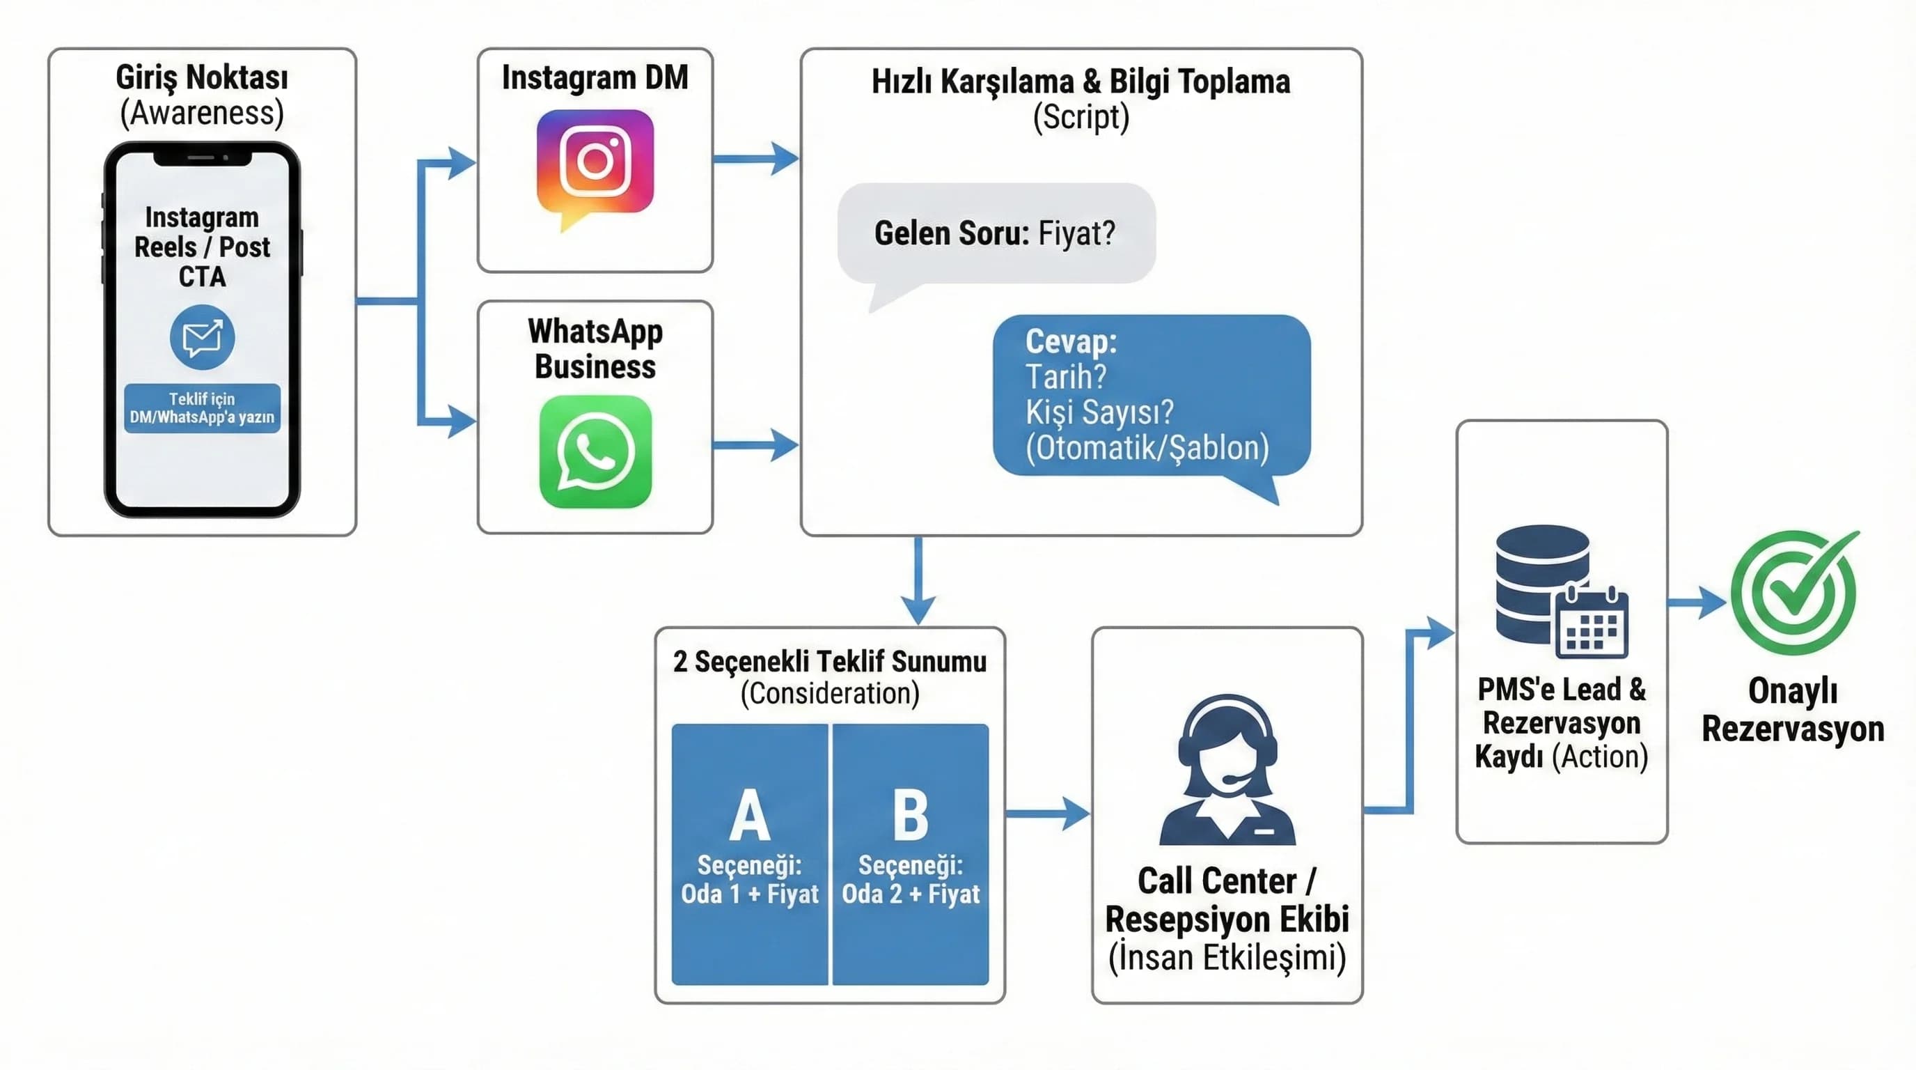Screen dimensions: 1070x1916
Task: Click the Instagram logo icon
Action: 595,162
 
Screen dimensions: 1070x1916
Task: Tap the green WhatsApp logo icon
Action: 595,451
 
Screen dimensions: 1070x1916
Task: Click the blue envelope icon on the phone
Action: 203,337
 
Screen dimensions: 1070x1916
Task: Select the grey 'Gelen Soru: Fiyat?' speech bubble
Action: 996,233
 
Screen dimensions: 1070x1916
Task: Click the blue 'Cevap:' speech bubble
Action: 1151,395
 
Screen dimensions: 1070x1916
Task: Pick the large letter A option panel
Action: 750,853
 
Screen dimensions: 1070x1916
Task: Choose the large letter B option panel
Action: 911,853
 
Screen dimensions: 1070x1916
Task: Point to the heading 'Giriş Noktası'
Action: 202,77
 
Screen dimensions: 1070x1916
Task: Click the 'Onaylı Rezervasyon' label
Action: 1793,710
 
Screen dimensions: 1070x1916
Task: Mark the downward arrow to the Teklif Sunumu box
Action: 918,580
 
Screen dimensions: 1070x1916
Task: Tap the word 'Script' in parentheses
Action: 1081,118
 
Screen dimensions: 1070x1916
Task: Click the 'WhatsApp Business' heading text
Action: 595,349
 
